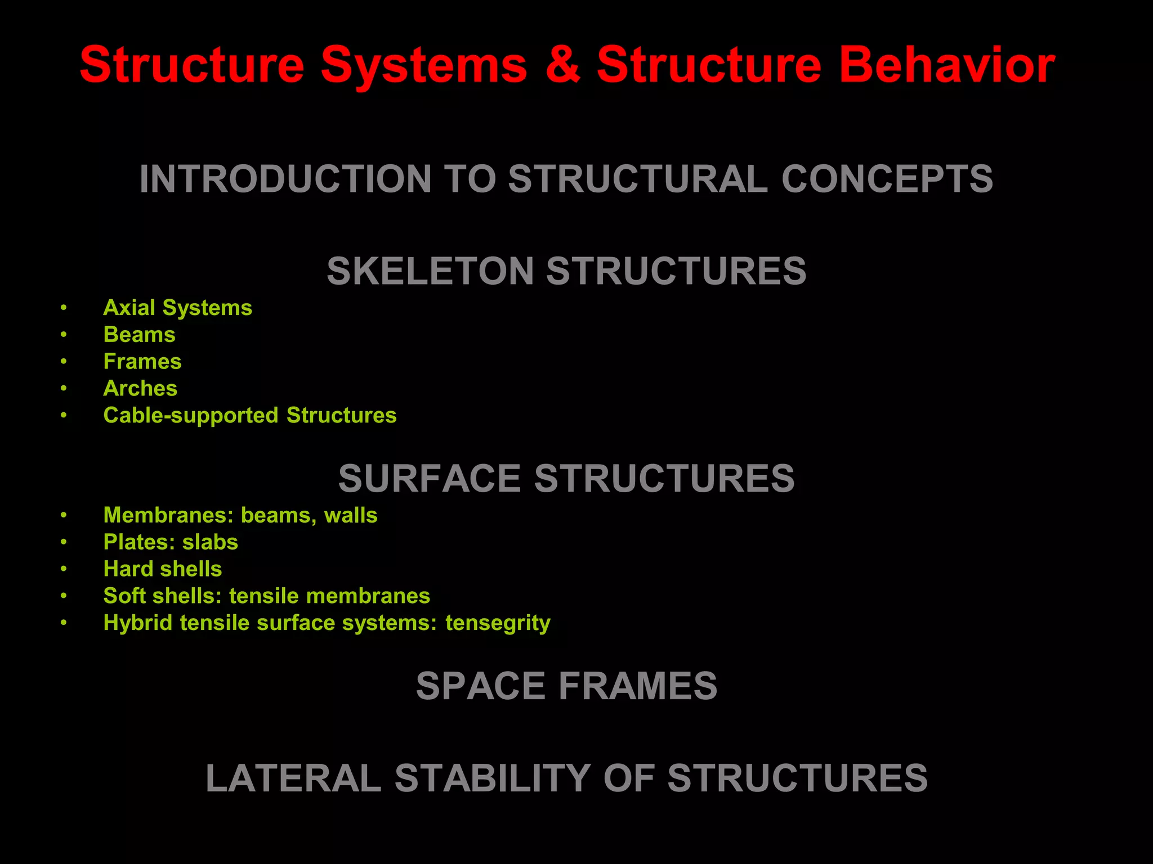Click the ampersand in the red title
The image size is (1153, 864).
(562, 66)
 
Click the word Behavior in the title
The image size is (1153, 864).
(946, 66)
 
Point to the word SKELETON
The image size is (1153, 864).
(430, 271)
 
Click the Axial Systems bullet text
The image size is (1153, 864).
(177, 308)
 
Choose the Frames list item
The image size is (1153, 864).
(142, 362)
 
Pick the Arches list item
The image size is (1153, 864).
(140, 389)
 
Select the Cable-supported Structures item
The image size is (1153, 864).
(250, 416)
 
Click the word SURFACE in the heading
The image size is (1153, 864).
(430, 479)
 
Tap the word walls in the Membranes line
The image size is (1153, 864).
(351, 515)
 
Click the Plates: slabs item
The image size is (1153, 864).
(171, 542)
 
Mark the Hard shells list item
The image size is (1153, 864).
(163, 569)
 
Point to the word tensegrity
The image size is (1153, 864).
(498, 623)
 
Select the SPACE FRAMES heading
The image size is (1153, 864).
(566, 686)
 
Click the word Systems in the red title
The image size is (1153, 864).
(424, 66)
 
